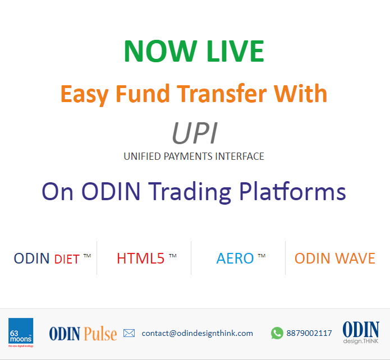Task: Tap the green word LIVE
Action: tap(235, 51)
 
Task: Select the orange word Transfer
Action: tap(222, 94)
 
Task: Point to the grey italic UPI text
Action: tap(195, 133)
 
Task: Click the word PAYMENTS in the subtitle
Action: tap(189, 156)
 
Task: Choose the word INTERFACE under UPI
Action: tap(240, 156)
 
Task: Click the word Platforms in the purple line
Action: tap(293, 191)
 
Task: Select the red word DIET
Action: tap(67, 259)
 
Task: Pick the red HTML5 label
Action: tap(140, 259)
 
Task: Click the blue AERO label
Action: tap(235, 259)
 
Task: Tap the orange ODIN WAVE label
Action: tap(335, 259)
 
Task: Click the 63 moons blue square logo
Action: tap(21, 331)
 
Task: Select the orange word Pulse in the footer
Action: tap(100, 334)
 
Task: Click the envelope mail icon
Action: tap(129, 333)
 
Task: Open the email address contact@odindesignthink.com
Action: tap(197, 333)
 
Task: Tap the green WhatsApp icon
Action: tap(277, 333)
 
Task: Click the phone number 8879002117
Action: tap(309, 333)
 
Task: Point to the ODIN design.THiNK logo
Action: tap(361, 333)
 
